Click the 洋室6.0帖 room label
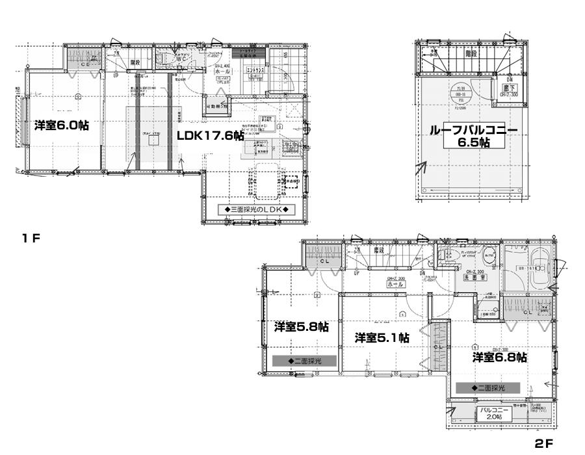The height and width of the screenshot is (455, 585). click(62, 125)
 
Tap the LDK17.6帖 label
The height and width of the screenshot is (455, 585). click(211, 135)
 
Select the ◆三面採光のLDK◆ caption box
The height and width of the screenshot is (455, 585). click(256, 210)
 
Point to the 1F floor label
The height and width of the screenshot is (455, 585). click(31, 238)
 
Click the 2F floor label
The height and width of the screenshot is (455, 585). click(543, 444)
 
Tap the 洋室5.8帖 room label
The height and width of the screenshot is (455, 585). click(301, 326)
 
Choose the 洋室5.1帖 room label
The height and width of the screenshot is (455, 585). click(382, 337)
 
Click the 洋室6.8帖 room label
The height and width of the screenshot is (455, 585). click(499, 357)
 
